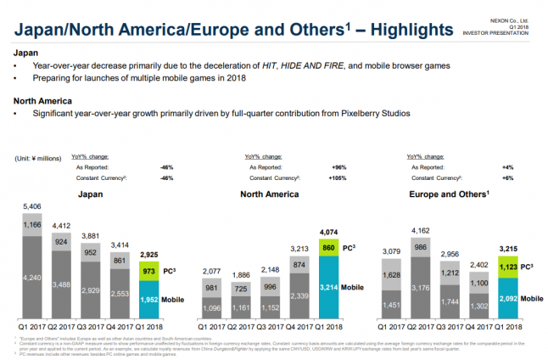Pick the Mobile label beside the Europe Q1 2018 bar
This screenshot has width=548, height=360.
532,299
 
